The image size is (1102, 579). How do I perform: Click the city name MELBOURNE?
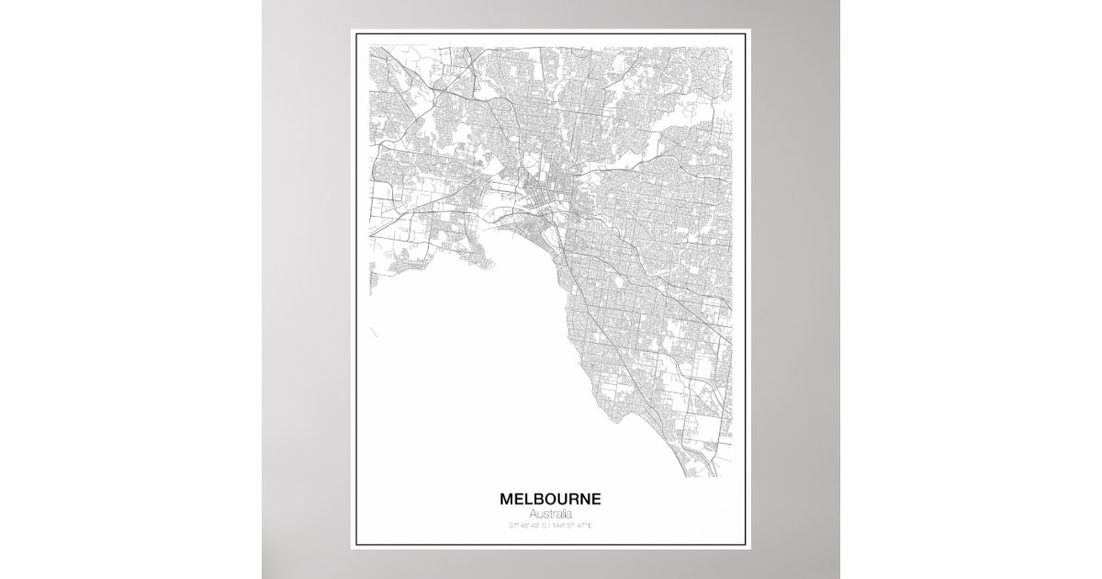point(551,499)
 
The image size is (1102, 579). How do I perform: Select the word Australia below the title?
point(551,513)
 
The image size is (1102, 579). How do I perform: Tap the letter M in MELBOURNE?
point(506,499)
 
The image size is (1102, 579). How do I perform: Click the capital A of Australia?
point(534,513)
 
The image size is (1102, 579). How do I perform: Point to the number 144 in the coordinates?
point(560,526)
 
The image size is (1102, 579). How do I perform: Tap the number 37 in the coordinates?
point(511,526)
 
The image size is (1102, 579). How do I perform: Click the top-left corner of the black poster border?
point(357,36)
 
